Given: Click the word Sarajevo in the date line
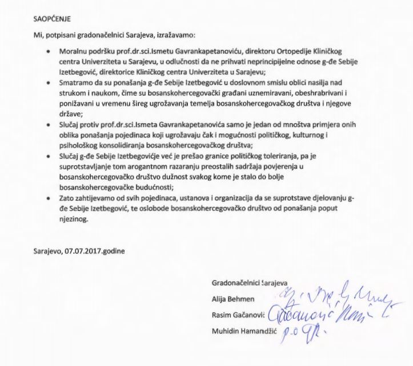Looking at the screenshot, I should [46, 251].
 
